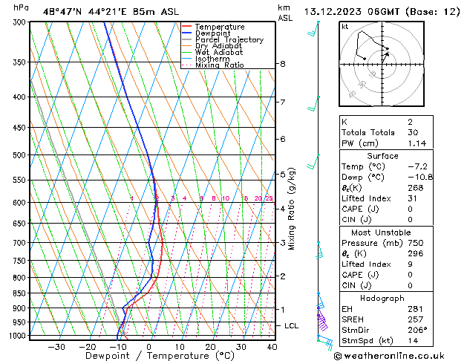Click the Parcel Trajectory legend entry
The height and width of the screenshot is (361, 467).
229,39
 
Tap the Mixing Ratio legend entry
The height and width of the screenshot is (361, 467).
220,65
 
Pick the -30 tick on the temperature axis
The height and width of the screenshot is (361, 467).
56,346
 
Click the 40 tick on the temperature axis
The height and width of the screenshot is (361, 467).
272,346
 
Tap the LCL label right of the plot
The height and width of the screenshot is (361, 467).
292,325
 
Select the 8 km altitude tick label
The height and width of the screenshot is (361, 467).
283,64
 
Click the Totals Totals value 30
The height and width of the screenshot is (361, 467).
413,132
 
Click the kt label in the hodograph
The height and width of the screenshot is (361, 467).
344,27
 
